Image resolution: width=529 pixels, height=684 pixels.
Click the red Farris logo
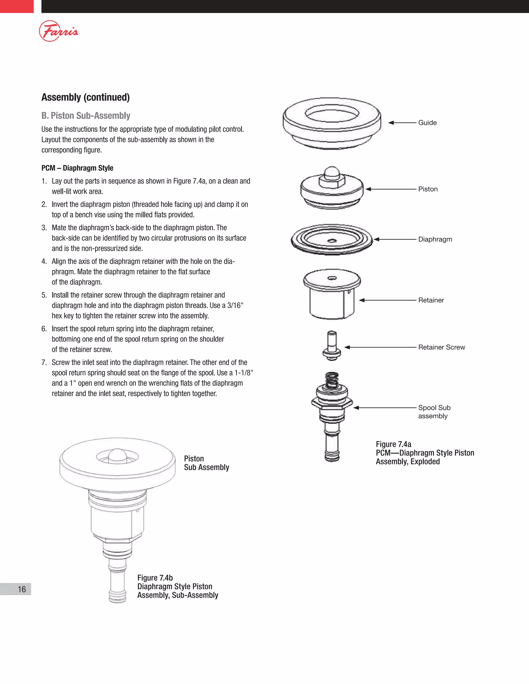pos(58,31)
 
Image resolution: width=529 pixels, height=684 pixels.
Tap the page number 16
pos(22,589)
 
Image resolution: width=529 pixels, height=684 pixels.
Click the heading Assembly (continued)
pos(85,97)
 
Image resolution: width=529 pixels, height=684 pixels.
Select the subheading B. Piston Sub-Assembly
pos(85,116)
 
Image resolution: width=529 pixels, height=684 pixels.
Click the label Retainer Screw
pos(441,347)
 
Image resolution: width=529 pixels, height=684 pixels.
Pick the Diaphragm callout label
pos(435,239)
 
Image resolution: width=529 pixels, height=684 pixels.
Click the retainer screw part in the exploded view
pos(332,346)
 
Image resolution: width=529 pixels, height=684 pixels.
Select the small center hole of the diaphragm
pos(332,241)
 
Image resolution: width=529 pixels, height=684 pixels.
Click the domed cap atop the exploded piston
pos(332,172)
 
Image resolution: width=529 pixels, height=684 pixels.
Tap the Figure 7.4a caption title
pos(393,444)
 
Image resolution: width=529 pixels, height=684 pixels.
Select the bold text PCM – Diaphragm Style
pos(77,168)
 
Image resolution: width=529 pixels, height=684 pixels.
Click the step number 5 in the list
pos(44,295)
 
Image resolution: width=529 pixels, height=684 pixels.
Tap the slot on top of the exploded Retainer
pos(332,278)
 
